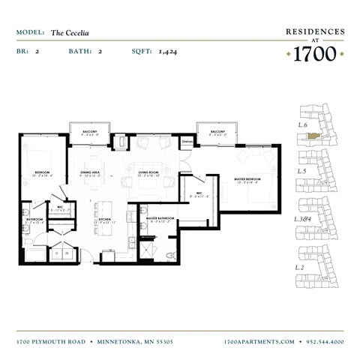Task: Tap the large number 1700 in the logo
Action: point(314,54)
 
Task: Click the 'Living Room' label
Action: point(148,172)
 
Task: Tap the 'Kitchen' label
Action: point(105,219)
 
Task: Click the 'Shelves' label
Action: point(187,139)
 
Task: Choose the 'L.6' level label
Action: point(304,124)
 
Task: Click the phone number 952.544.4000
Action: point(325,341)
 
